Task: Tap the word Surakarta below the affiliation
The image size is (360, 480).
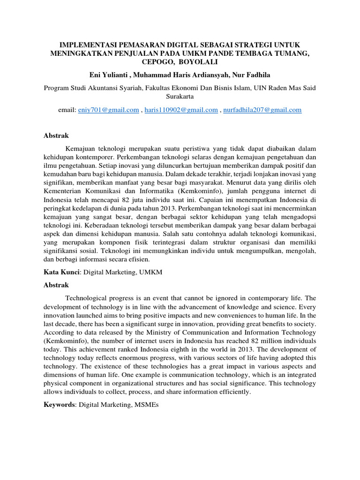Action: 180,96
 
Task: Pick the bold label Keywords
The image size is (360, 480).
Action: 59,404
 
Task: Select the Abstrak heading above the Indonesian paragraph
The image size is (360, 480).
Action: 56,135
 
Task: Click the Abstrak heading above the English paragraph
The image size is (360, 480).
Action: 56,285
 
